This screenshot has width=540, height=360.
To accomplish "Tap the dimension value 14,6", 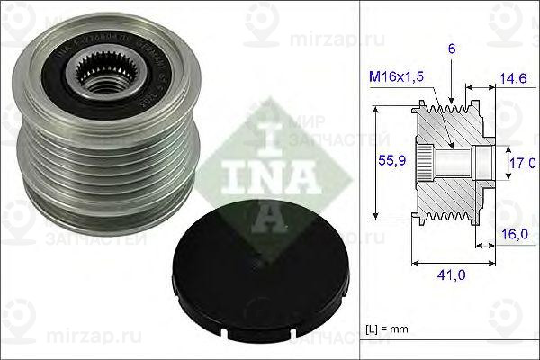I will tap(513, 80).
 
